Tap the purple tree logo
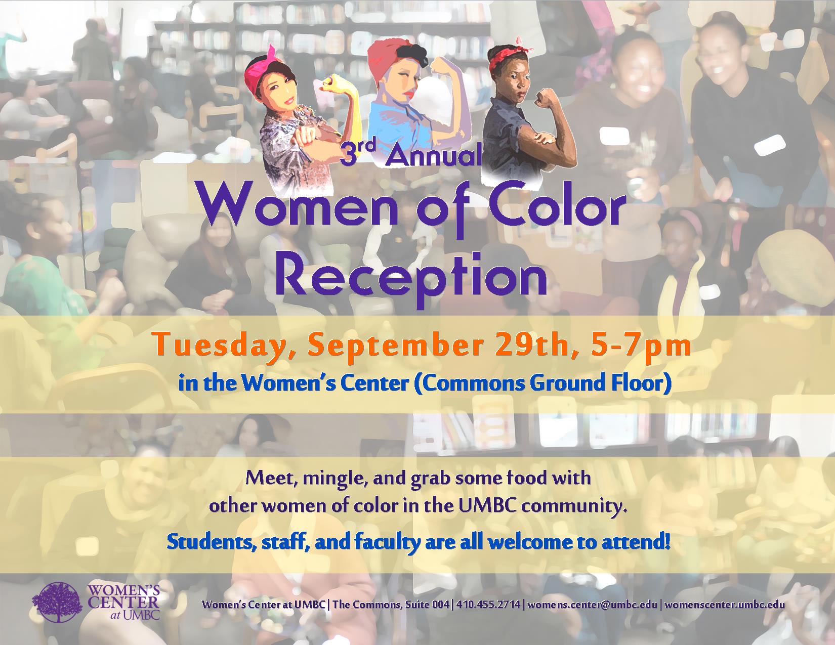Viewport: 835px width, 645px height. click(x=57, y=603)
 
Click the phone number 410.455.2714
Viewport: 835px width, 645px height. click(x=488, y=605)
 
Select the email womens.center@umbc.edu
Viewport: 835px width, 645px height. click(x=592, y=605)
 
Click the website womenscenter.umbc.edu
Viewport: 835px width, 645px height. click(x=724, y=605)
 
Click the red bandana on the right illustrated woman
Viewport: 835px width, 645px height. click(x=509, y=58)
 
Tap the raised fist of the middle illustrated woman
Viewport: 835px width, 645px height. click(x=438, y=65)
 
